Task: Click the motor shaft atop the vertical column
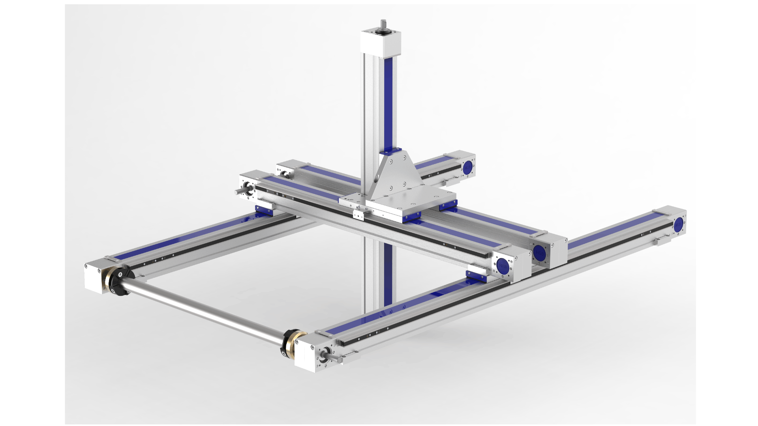383,24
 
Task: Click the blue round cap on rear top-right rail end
469,166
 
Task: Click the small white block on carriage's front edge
358,215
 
